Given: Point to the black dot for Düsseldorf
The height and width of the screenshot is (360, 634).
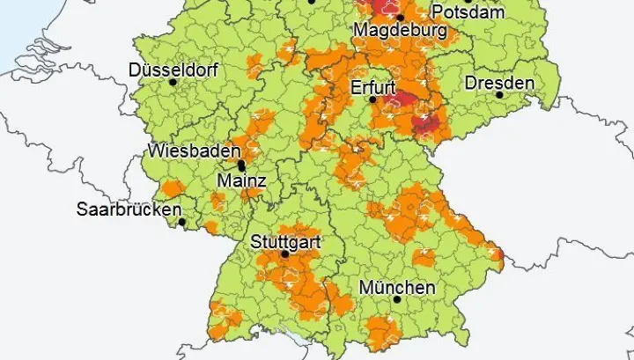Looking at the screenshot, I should point(173,83).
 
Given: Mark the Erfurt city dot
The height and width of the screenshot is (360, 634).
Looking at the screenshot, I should point(372,100).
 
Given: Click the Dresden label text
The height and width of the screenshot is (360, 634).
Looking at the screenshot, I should point(498,82).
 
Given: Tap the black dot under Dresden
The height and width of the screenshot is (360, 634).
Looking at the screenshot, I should point(499,95).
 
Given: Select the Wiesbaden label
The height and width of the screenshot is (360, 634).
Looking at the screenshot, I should point(194,151).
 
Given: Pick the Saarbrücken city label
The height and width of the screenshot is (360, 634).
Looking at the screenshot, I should point(129,209).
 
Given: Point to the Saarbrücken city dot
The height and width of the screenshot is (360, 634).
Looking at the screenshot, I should point(182,221).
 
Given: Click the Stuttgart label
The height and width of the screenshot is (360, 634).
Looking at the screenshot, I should point(285,240).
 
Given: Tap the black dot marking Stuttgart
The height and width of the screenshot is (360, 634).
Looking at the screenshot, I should point(284,254).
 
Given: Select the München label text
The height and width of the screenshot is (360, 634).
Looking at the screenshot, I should point(397,287).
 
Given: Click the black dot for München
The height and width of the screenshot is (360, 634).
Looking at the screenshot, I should point(396,300).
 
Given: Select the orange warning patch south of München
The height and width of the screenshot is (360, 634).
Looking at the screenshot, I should point(385,333).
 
